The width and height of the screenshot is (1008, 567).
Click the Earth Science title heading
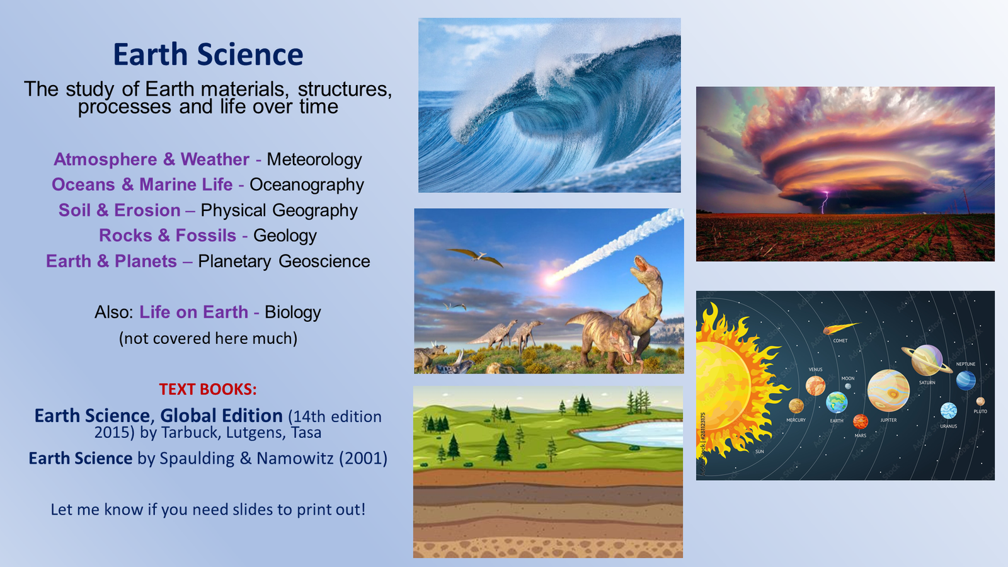[x=208, y=55]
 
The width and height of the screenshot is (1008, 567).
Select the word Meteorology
[x=314, y=159]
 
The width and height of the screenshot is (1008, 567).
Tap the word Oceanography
[x=307, y=185]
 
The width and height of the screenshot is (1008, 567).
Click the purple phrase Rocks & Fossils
[x=168, y=236]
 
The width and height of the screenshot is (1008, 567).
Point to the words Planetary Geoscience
[x=283, y=261]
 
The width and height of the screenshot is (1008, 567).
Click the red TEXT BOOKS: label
[x=208, y=389]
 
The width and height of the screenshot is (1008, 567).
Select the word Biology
[x=292, y=312]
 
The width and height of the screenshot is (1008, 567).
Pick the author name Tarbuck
[x=189, y=433]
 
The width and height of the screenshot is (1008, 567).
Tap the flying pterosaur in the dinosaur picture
[x=476, y=256]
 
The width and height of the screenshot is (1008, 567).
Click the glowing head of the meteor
[x=551, y=278]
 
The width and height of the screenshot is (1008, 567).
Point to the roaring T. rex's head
[x=645, y=267]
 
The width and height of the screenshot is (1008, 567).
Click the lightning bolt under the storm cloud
[x=823, y=203]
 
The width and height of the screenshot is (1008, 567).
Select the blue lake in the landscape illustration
[x=630, y=434]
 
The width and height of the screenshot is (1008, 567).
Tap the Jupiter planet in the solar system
[x=888, y=391]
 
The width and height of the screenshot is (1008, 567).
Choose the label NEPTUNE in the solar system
[x=965, y=364]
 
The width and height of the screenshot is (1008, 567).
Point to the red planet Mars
[x=861, y=421]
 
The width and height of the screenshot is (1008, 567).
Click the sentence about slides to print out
[x=208, y=510]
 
